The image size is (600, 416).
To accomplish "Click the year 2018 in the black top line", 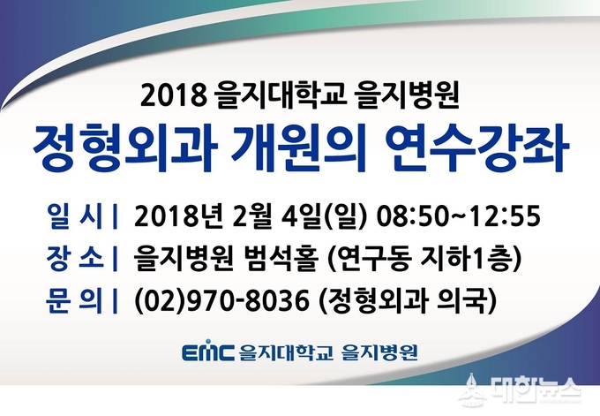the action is pyautogui.click(x=174, y=95).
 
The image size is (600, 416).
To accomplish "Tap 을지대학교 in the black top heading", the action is pyautogui.click(x=281, y=95).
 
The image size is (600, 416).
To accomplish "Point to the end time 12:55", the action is pyautogui.click(x=505, y=216).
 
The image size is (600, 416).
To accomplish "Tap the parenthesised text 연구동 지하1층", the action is pyautogui.click(x=424, y=258).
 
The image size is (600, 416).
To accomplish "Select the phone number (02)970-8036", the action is pyautogui.click(x=222, y=300).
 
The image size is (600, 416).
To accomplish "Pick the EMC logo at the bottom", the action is pyautogui.click(x=208, y=352).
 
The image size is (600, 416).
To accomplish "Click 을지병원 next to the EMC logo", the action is pyautogui.click(x=379, y=352).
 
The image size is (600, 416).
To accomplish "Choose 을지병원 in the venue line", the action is pyautogui.click(x=184, y=258).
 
